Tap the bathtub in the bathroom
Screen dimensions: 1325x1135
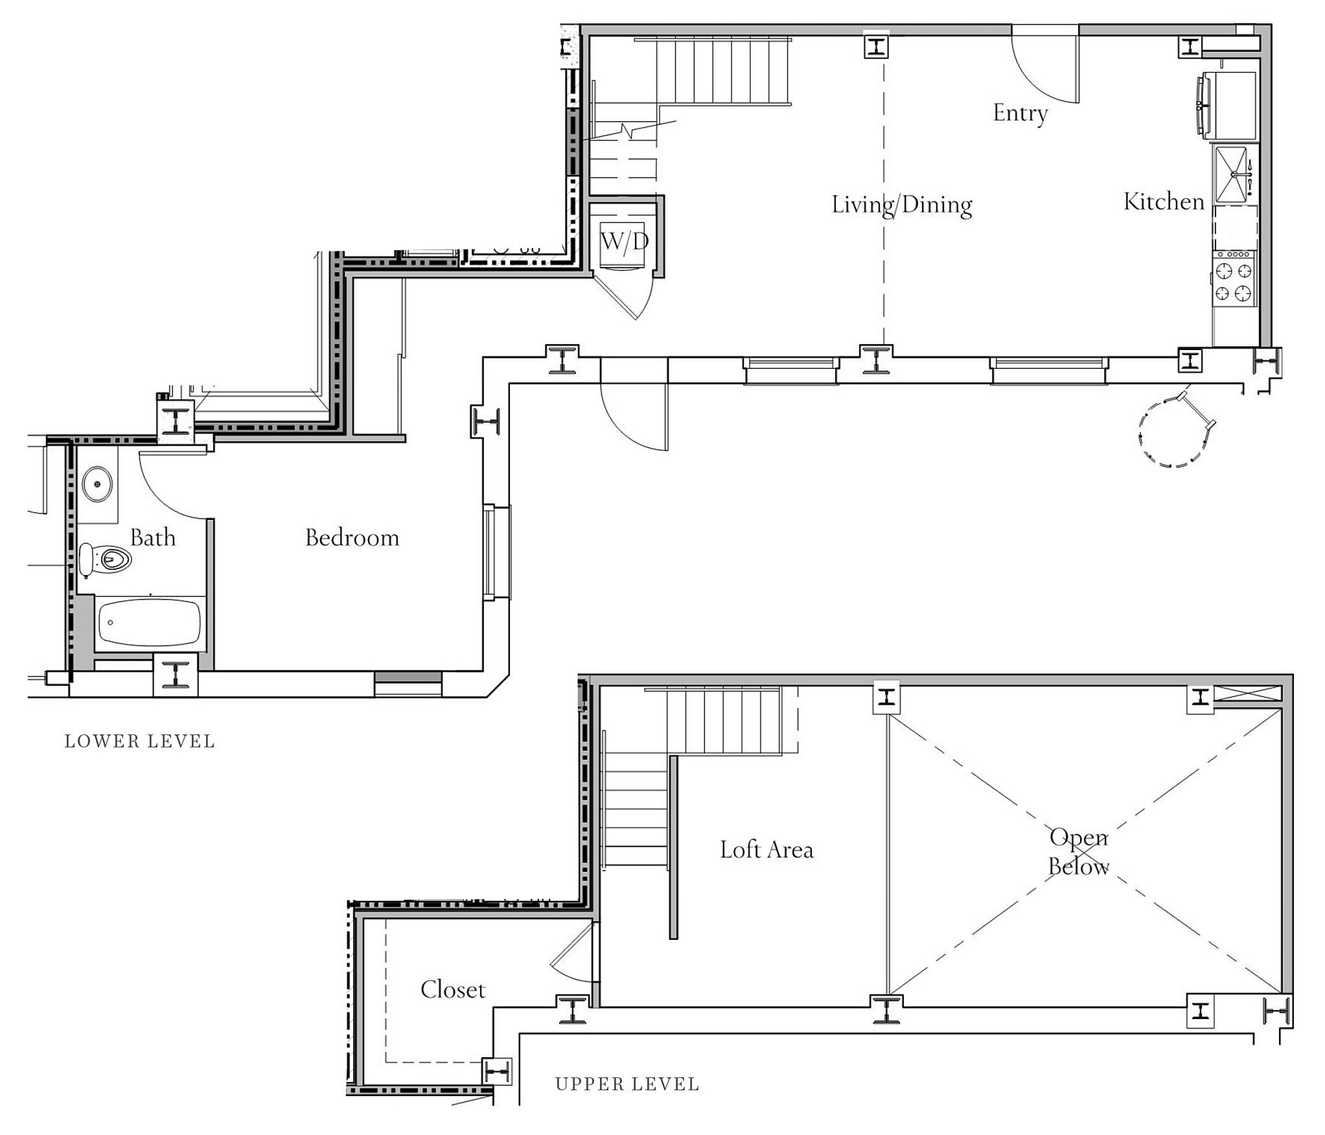pyautogui.click(x=149, y=622)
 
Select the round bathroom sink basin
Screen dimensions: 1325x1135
pyautogui.click(x=98, y=483)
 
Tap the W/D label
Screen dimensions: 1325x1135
pyautogui.click(x=625, y=242)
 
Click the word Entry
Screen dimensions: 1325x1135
pyautogui.click(x=1020, y=113)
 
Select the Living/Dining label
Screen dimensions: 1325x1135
pyautogui.click(x=902, y=205)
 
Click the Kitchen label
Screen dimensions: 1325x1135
pyautogui.click(x=1164, y=202)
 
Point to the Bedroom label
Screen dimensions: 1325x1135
pyautogui.click(x=352, y=538)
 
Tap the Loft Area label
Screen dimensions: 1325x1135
pyautogui.click(x=766, y=850)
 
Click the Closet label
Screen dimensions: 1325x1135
pyautogui.click(x=452, y=990)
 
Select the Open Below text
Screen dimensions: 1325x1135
pyautogui.click(x=1079, y=852)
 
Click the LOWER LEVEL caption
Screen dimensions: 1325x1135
pyautogui.click(x=140, y=742)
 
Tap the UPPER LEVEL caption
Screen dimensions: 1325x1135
pyautogui.click(x=627, y=1084)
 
